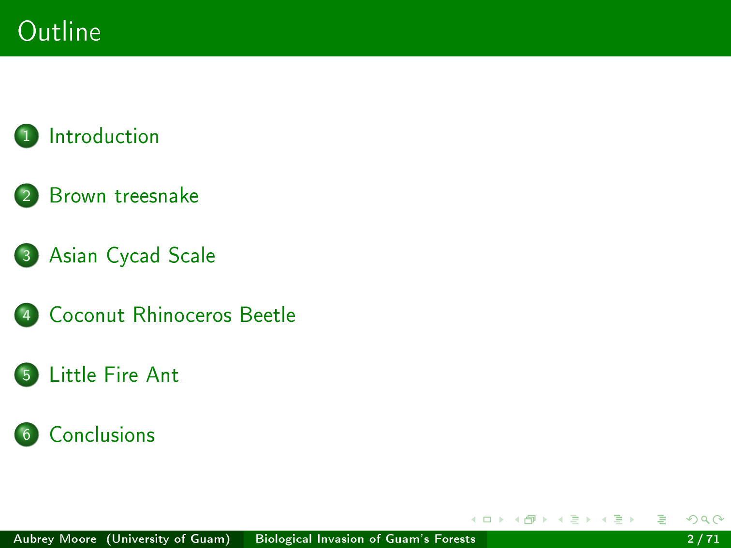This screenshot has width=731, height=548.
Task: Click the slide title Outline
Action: click(x=59, y=31)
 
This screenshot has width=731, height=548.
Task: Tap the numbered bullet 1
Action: click(x=27, y=136)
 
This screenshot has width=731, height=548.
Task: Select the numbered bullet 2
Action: click(x=27, y=196)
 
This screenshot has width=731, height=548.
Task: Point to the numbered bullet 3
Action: click(x=27, y=256)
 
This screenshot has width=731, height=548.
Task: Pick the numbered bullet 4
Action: click(x=27, y=315)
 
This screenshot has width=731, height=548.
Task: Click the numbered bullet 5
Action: click(x=27, y=375)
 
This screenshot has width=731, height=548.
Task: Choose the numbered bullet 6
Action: click(x=27, y=434)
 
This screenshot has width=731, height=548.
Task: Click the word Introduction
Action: click(x=104, y=136)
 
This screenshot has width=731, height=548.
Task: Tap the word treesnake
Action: click(x=157, y=196)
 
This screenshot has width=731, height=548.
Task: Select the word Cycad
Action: click(x=133, y=256)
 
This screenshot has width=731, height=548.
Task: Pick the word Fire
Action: click(x=121, y=375)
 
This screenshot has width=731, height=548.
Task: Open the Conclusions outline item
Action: click(x=102, y=434)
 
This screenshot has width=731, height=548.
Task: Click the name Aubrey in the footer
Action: click(x=34, y=539)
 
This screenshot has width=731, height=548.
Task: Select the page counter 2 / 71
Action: click(x=703, y=539)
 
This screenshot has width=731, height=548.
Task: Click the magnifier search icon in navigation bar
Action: click(x=705, y=519)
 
